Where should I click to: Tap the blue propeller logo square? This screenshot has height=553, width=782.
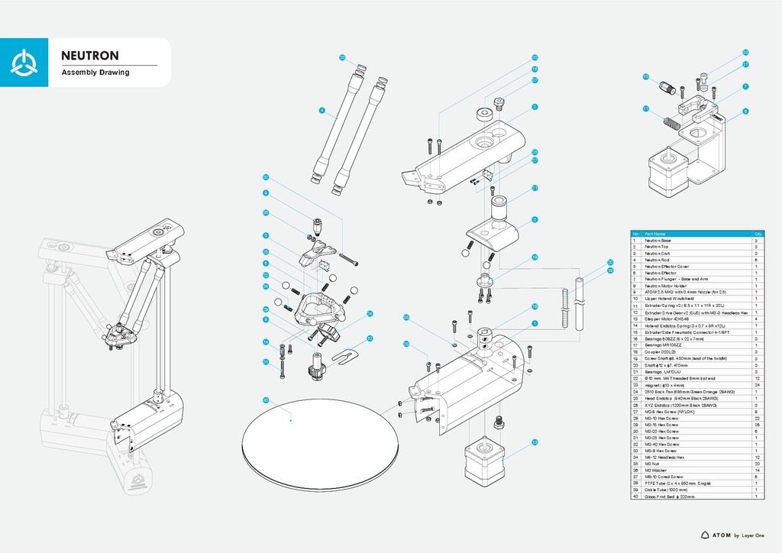[x=25, y=63]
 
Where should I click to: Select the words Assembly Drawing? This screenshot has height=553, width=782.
[x=95, y=73]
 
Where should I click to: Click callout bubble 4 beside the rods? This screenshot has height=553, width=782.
[x=322, y=111]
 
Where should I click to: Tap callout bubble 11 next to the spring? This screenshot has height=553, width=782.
[x=645, y=108]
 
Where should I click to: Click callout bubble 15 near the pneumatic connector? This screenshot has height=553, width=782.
[x=645, y=76]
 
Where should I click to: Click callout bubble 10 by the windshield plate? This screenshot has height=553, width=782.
[x=370, y=338]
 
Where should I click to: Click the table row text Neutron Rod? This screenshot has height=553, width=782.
[x=658, y=260]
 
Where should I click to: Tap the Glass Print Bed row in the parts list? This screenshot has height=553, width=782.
[x=671, y=496]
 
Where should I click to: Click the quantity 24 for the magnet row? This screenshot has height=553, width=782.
[x=755, y=385]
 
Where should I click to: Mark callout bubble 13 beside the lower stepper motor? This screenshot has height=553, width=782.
[x=535, y=441]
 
